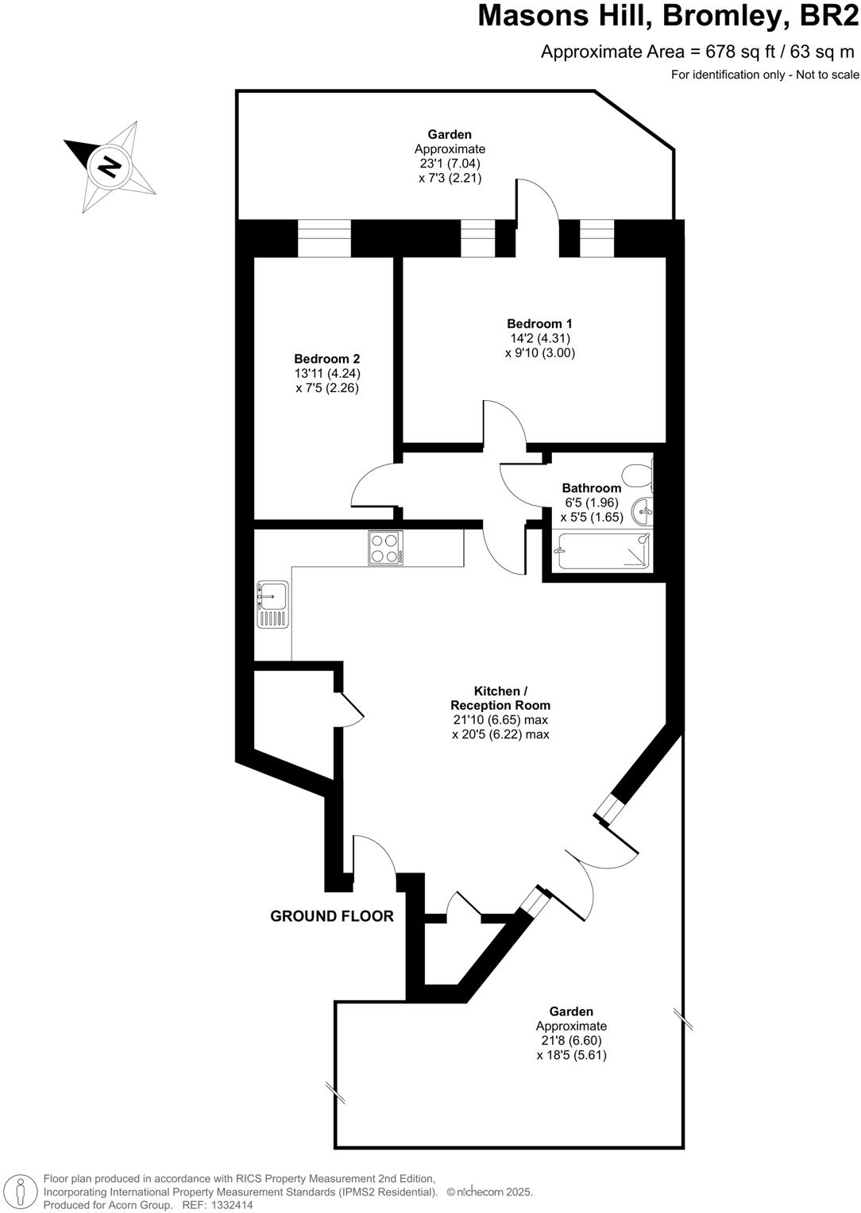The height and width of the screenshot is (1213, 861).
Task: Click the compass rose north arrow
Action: coord(110,167)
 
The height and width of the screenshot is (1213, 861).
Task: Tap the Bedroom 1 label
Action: coord(539,324)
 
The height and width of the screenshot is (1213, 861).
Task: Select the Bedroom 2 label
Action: coord(326,359)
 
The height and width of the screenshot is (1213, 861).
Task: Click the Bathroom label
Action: coord(591,488)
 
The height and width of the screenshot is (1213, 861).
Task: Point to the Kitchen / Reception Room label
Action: coord(500,698)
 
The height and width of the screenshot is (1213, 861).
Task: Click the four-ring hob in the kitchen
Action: coord(385,548)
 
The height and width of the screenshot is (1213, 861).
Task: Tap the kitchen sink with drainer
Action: coord(272,604)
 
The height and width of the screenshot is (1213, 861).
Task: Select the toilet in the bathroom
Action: coord(638,476)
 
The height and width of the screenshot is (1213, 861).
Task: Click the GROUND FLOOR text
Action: coord(332,916)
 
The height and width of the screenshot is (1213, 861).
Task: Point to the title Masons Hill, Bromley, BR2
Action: coord(668,16)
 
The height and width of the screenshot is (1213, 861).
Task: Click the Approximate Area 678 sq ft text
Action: coord(697,52)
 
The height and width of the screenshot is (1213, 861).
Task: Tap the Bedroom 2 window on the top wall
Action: coord(324,238)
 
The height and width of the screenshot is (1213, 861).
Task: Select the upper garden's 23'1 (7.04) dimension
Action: coord(450,164)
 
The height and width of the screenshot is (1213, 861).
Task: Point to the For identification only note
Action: coord(765,75)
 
